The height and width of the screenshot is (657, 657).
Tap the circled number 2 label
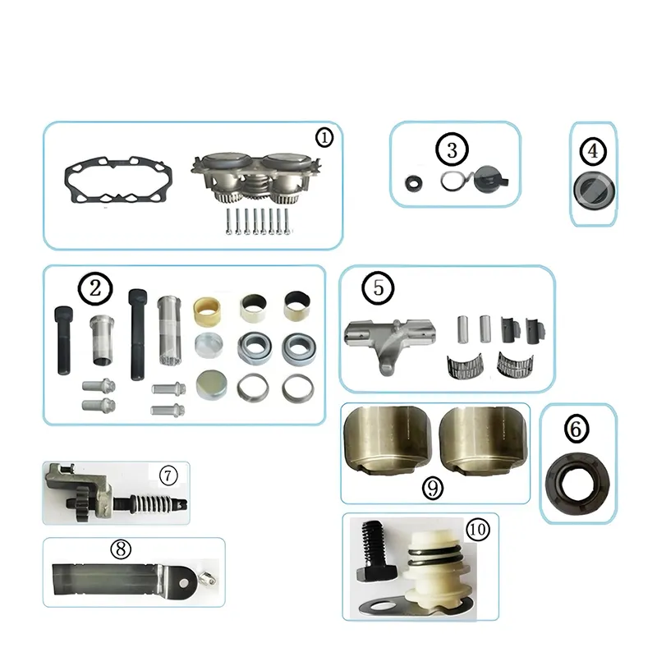click(94, 288)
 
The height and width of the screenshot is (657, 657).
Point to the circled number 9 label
click(433, 488)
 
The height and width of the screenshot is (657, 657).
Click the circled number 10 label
click(477, 530)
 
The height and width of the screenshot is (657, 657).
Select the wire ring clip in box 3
click(453, 181)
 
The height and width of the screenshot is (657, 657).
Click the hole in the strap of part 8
click(196, 578)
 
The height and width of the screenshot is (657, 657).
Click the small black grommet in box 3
click(414, 182)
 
